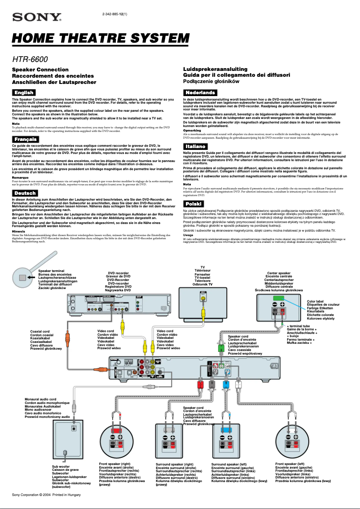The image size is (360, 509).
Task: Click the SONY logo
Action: coord(37,18)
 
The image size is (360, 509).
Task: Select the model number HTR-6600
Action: coord(30,59)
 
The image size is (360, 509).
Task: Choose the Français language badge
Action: coord(24,139)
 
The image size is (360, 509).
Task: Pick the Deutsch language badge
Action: coord(24,193)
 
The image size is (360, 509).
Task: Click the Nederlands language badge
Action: coord(200,92)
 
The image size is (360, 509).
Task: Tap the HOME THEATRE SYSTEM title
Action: coord(101,39)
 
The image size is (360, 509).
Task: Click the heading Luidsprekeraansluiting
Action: coord(215,69)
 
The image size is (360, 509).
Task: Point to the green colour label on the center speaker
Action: coord(278,298)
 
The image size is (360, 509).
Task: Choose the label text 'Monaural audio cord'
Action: coord(40,399)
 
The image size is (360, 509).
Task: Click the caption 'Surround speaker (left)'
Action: coord(229,464)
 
